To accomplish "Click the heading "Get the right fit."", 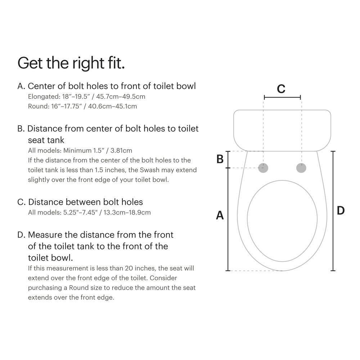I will pos(71,63).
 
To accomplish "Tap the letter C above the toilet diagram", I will pos(281,89).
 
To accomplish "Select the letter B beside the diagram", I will pos(220,159).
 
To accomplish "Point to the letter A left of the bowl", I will pos(220,215).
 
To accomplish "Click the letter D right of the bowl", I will pos(341,211).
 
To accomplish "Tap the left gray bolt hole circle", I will pos(264,167).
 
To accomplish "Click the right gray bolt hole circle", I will pos(301,167).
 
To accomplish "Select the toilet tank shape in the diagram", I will pos(282,130).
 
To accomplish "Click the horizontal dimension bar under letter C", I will pos(282,97).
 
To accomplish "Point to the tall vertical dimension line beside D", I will pos(333,211).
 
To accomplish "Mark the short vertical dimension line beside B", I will pos(228,159).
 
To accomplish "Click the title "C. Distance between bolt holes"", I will pos(80,202).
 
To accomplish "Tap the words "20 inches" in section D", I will pos(138,268).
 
